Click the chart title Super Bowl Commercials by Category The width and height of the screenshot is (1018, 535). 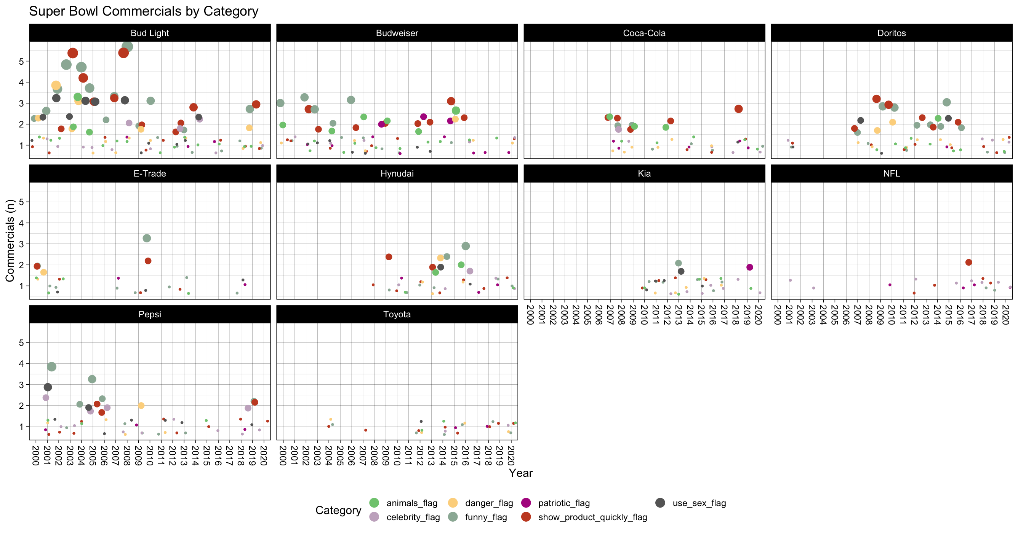pos(144,11)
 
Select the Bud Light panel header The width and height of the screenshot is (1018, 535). pos(150,33)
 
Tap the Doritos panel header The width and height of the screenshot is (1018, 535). pos(891,33)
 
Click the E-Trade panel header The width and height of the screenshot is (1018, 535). pos(150,174)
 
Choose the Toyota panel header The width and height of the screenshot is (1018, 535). pos(397,314)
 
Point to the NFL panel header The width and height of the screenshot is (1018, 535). pos(891,174)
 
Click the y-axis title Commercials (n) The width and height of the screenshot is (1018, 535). pos(10,240)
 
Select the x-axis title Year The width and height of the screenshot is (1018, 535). pos(520,473)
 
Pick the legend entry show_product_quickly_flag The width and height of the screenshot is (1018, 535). pos(592,517)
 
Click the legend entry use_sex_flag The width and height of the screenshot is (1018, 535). pos(699,503)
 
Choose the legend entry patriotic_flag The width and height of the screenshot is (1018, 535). pos(563,503)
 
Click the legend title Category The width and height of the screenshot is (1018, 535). pos(338,510)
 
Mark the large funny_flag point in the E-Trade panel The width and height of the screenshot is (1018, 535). pos(147,239)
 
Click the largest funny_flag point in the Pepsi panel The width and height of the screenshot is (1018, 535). pos(51,367)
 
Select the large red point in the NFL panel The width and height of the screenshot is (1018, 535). pos(968,263)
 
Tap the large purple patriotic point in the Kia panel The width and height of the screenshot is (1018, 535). pos(750,267)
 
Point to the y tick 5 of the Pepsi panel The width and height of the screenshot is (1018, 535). pos(21,343)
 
